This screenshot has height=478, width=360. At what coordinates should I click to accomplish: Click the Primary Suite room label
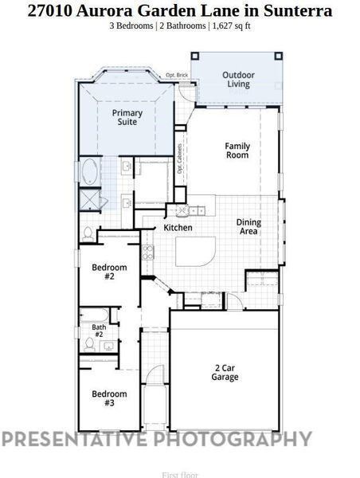tap(127, 119)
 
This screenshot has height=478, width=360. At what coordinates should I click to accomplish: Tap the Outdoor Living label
tap(237, 79)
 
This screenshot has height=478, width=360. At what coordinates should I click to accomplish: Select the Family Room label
tap(237, 151)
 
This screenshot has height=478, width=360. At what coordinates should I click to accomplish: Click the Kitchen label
tap(178, 228)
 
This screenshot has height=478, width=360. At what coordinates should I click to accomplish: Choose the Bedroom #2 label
tap(108, 272)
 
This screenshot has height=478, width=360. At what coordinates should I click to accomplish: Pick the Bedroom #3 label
tap(108, 398)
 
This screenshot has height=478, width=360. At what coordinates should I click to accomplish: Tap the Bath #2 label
tap(99, 331)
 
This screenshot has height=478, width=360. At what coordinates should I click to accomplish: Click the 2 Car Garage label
tap(225, 373)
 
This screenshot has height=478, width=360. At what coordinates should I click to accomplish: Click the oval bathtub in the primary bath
tap(88, 170)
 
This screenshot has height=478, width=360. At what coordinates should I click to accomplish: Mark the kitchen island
tap(194, 253)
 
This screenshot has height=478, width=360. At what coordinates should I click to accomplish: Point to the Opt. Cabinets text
tap(180, 159)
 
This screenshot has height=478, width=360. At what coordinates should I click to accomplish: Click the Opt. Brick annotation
tap(176, 76)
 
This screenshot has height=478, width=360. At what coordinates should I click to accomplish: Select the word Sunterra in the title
tap(292, 11)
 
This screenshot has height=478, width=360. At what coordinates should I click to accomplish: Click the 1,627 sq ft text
tap(231, 25)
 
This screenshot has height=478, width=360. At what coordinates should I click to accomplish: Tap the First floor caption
tap(179, 475)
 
